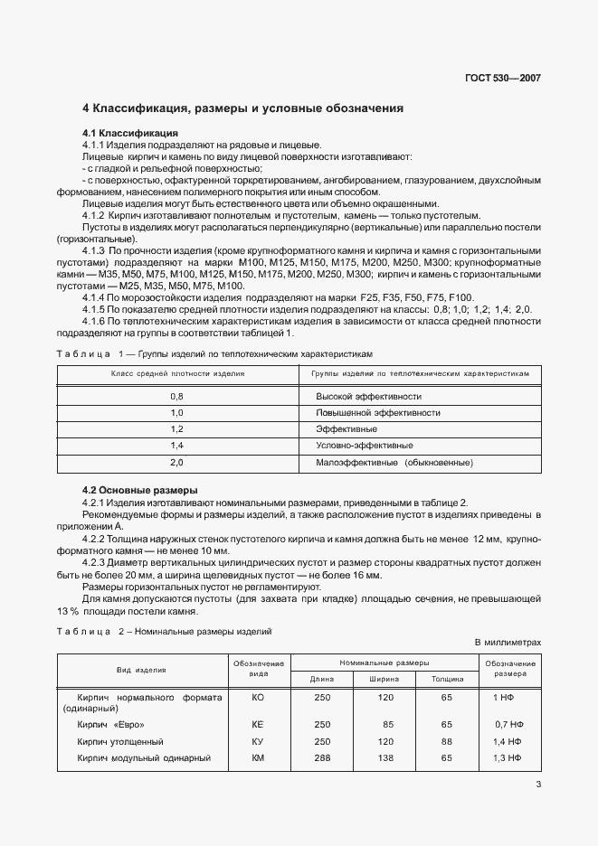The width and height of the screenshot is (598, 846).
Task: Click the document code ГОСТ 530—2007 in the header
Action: (504, 79)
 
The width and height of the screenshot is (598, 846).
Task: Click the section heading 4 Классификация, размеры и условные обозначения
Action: (242, 108)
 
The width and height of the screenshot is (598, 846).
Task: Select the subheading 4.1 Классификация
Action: (129, 133)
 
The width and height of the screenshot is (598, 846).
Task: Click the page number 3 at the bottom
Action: (537, 784)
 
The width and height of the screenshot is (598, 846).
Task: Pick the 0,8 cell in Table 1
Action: (176, 397)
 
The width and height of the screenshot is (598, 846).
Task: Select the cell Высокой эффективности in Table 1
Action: (368, 397)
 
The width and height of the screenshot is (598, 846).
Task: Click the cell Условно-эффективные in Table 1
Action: (365, 446)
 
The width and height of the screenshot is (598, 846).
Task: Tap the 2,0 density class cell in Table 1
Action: (176, 462)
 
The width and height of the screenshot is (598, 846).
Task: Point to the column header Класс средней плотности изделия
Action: (177, 373)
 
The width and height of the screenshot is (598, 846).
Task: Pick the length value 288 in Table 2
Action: (322, 757)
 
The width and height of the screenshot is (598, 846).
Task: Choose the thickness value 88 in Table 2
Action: (446, 741)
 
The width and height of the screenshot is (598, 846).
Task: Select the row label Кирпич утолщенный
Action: (120, 741)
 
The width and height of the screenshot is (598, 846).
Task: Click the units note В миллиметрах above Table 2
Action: (508, 642)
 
